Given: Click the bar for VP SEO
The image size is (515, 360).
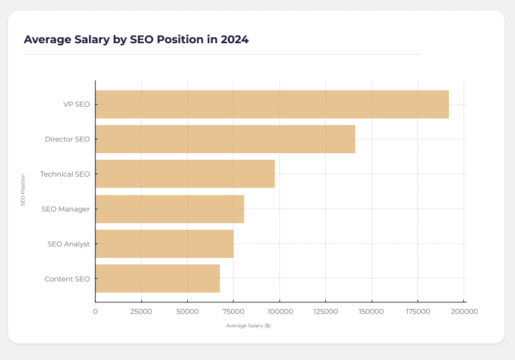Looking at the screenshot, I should coord(272,104).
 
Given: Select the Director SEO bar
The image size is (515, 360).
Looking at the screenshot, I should coord(225,139).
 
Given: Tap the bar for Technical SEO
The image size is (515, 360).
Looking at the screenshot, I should coord(185,174).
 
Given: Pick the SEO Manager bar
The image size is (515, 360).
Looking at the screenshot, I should coord(169,209).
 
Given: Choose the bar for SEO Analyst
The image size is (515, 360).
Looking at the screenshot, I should coord(164,243).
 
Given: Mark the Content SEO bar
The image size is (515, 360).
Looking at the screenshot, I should coord(157,279).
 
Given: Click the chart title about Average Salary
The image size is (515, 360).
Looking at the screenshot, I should coord(136,39).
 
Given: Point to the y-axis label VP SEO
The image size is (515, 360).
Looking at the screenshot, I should coord(77,105).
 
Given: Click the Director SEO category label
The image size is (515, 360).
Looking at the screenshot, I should coord(67,139).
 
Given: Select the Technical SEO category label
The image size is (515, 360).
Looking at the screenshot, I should coord(65,174).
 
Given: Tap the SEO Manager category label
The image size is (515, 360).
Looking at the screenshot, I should coord(65,209).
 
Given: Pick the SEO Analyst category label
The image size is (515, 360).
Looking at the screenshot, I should coord(68,244).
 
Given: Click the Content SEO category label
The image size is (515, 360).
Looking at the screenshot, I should coord(67,279).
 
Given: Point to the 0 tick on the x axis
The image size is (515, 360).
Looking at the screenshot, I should coord(96,312).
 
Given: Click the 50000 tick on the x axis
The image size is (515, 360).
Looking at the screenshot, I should coord(187,312).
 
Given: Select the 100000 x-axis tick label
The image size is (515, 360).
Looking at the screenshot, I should coord(279,312).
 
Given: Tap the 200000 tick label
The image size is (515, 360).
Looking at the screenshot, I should coord(464,312).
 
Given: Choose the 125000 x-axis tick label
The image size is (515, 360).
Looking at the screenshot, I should coord(325,312).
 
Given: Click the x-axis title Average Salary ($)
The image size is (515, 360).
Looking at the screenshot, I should coord(248,325).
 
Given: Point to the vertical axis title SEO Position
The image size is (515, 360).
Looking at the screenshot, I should coord(23,190).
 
